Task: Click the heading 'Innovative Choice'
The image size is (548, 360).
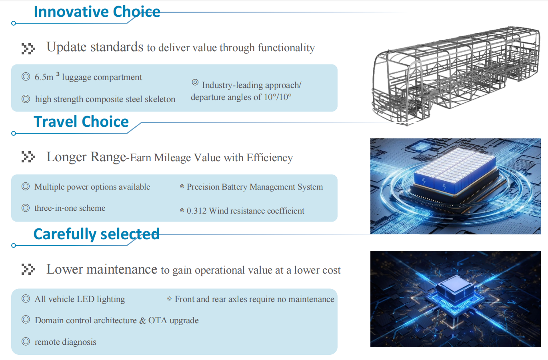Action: coord(97,12)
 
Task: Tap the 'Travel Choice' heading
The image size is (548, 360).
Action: coord(81,122)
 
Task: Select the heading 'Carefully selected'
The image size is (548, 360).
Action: coord(96,234)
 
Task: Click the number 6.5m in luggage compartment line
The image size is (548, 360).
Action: coord(44,77)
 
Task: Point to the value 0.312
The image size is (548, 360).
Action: coord(196,211)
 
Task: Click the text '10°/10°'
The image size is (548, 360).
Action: coord(278,97)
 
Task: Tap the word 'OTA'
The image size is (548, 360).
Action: coord(158,320)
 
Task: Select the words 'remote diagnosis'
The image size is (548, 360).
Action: coord(65,342)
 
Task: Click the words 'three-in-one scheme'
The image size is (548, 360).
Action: coord(70,208)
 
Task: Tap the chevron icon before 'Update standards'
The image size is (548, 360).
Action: coord(28,48)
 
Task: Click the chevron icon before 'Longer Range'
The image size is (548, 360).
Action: coord(28,157)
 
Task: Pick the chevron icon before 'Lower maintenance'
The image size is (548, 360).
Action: coord(28,269)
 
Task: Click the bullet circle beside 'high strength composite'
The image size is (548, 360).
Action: coord(26,99)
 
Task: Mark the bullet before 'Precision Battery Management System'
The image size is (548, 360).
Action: coord(182,187)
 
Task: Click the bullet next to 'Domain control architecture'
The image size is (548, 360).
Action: coord(26,320)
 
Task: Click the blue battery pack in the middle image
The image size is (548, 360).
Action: coord(455,171)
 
